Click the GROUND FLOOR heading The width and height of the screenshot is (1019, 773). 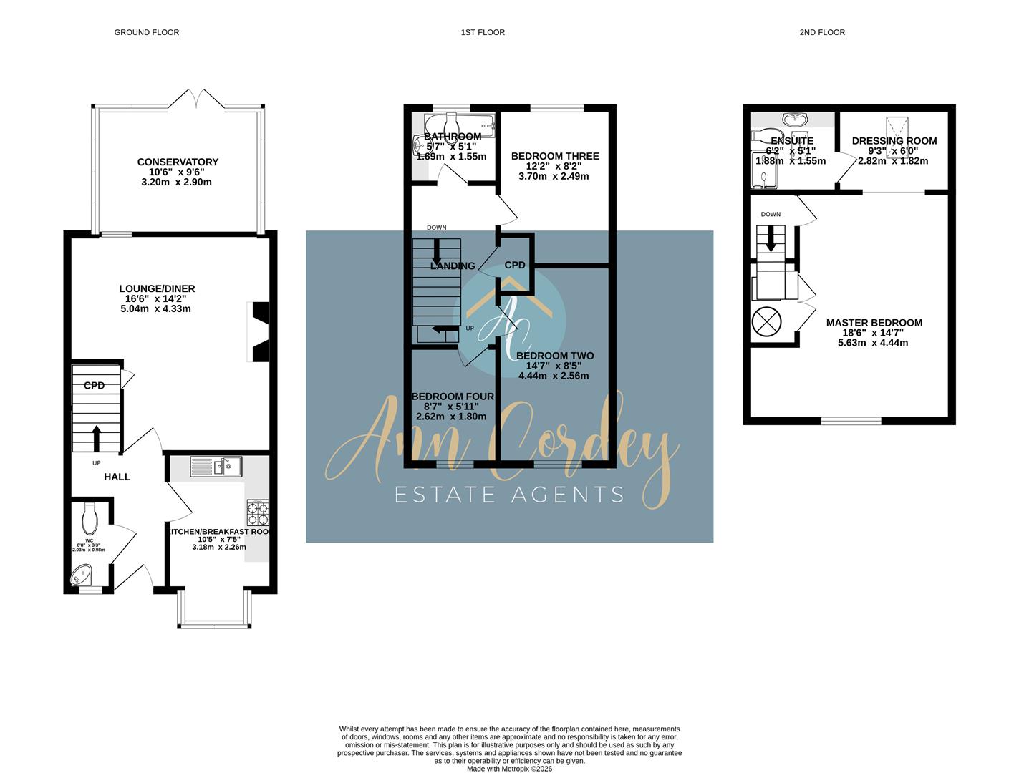[x=147, y=32]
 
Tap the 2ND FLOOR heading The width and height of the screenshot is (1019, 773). [x=822, y=32]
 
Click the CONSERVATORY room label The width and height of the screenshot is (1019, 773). [x=178, y=162]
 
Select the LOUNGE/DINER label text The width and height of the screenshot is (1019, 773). [x=157, y=288]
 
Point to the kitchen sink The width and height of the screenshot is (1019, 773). [x=216, y=467]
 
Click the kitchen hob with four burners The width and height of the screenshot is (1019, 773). [x=258, y=513]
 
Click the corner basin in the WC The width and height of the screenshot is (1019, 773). [x=82, y=574]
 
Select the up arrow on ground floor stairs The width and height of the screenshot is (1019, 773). [x=95, y=437]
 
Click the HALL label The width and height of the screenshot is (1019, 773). [x=117, y=477]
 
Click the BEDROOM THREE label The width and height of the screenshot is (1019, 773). [x=555, y=156]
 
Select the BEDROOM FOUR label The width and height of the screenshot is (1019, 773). [x=453, y=397]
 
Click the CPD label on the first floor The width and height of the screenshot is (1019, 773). [x=515, y=265]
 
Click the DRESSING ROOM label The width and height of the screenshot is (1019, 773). [x=894, y=141]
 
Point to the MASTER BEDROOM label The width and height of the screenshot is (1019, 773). [x=874, y=323]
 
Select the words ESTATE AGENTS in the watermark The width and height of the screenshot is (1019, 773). [x=509, y=494]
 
